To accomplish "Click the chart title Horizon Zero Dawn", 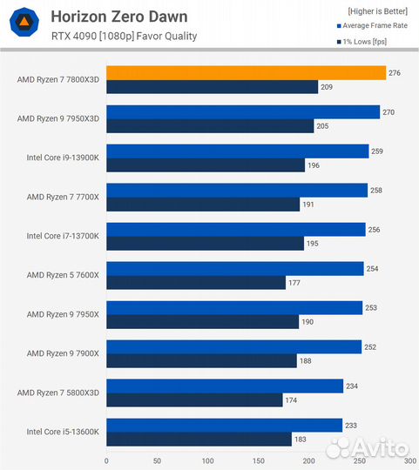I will coord(118,17).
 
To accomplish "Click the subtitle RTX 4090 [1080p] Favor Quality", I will coord(124,37).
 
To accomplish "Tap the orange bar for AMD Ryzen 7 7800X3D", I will coord(246,73).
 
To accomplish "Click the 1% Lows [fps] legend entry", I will coord(364,41).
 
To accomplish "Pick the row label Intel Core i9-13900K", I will coord(63,158).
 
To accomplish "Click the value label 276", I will coord(395,73).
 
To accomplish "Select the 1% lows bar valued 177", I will coord(196,283).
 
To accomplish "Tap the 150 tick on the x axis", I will coord(259,461).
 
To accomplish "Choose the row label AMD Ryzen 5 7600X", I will coord(63,275).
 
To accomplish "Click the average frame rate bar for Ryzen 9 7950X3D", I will coord(243,112).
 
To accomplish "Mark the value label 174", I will coord(292,400).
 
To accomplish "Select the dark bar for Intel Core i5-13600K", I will coord(199,440).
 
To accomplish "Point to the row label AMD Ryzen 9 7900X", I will coord(63,353).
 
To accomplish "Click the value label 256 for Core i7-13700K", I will coord(375,230).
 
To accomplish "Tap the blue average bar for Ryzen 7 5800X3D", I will coord(225,386).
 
